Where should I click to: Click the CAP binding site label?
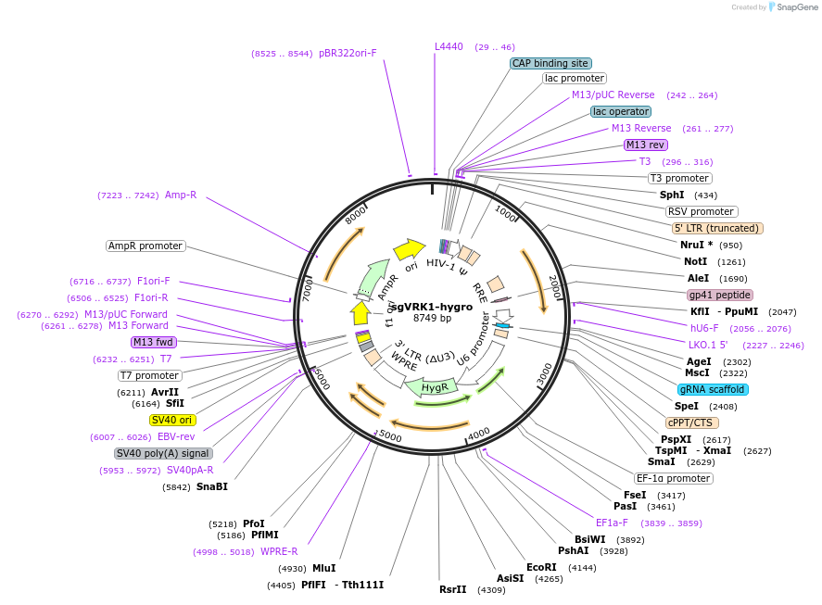[550, 63]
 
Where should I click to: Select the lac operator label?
[620, 111]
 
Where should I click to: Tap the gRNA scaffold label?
[713, 389]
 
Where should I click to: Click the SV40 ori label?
[172, 420]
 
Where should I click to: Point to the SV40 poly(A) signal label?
[163, 453]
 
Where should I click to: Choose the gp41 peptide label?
[713, 295]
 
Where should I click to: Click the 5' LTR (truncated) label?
[717, 228]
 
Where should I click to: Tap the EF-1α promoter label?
[673, 478]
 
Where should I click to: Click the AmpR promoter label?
[145, 246]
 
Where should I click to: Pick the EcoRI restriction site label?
[541, 567]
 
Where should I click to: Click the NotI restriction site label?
[695, 261]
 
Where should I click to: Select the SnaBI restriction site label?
[211, 486]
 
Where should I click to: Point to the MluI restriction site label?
[323, 568]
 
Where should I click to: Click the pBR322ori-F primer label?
[348, 53]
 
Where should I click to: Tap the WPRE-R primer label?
[279, 551]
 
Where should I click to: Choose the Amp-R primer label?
[181, 195]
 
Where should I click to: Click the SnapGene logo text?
[797, 7]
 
